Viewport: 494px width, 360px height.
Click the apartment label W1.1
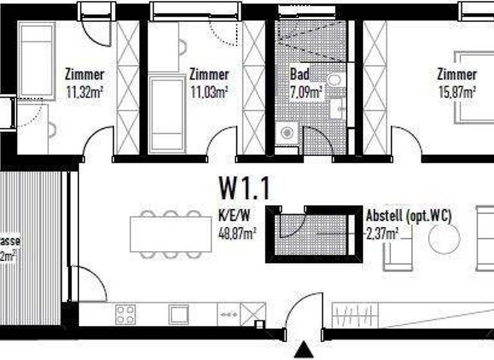click(x=245, y=188)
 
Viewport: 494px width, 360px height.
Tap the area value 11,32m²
click(x=85, y=92)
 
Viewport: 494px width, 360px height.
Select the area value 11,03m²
click(x=209, y=92)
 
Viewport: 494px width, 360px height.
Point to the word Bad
click(x=300, y=75)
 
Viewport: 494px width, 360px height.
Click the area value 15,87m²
click(x=457, y=92)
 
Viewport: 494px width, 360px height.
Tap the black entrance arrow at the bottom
click(x=303, y=350)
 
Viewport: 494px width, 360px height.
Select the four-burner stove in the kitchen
click(x=125, y=314)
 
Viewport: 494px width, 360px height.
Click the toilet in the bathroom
click(x=336, y=81)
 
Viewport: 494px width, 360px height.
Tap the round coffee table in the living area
click(x=444, y=239)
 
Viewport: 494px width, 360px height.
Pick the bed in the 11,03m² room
click(x=167, y=114)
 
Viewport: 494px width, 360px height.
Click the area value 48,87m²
click(x=238, y=233)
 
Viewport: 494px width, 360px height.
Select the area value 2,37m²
click(x=381, y=233)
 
